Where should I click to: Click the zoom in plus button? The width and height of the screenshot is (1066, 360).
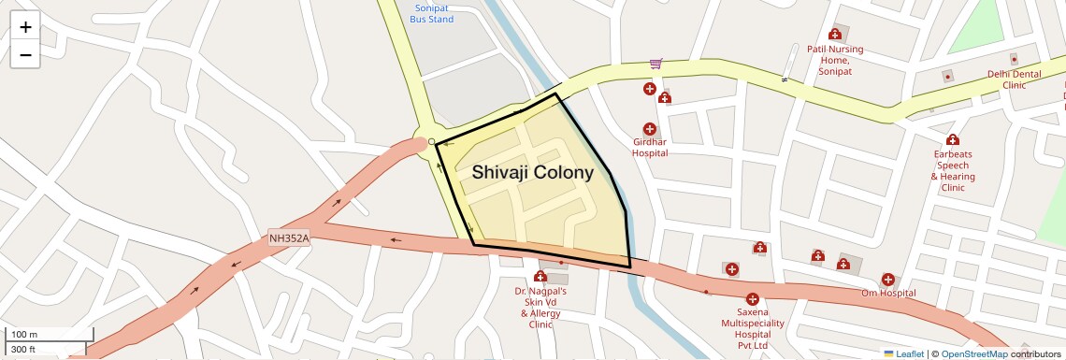coord(25,27)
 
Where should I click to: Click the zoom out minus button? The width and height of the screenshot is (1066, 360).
coord(25,55)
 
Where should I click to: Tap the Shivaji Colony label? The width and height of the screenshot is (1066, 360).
coord(532,173)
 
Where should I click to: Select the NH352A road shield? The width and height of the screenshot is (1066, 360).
coord(289,238)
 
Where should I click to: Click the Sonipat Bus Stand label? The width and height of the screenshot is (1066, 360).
coord(432,13)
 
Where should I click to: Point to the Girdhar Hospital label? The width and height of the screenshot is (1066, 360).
coord(649,147)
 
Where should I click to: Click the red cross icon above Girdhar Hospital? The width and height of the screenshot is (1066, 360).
coord(649,129)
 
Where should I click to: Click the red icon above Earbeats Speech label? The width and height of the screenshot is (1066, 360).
coord(953,140)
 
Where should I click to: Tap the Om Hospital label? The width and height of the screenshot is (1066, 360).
coord(888,294)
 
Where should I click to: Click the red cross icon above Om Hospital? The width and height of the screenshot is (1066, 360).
coord(887,279)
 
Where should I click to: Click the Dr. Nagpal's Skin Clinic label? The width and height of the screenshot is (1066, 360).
coord(540,308)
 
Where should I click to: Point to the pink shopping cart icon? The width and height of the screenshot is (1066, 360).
coord(656,65)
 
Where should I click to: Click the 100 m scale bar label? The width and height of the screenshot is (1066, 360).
coord(25,335)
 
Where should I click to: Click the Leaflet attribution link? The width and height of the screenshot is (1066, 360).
coord(910,353)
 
